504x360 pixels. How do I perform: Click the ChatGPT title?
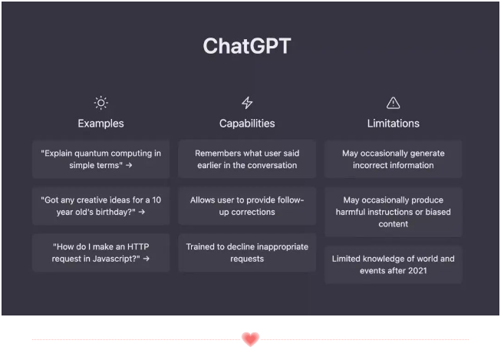[x=247, y=46]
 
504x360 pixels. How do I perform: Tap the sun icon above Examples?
[x=101, y=103]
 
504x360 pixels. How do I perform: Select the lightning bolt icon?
[x=247, y=103]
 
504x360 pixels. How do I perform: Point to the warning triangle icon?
[x=393, y=103]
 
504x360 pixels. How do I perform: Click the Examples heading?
[x=100, y=124]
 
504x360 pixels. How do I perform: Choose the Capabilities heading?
[x=247, y=124]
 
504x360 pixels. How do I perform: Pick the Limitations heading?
[x=393, y=124]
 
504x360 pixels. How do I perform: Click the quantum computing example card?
[x=101, y=159]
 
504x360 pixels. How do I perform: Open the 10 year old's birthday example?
[x=101, y=206]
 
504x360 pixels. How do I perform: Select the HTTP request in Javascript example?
[x=101, y=253]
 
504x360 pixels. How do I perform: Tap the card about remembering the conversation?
[x=247, y=159]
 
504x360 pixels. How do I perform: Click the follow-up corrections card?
[x=247, y=206]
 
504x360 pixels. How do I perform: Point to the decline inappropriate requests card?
[x=247, y=253]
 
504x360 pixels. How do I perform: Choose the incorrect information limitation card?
[x=393, y=159]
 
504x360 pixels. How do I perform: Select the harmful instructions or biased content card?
[x=393, y=212]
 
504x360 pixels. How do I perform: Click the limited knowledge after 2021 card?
[x=393, y=265]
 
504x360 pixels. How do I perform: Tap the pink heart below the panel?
[x=250, y=339]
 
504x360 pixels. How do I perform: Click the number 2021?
[x=417, y=271]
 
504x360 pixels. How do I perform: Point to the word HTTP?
[x=138, y=246]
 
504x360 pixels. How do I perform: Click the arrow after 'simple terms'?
[x=129, y=165]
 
